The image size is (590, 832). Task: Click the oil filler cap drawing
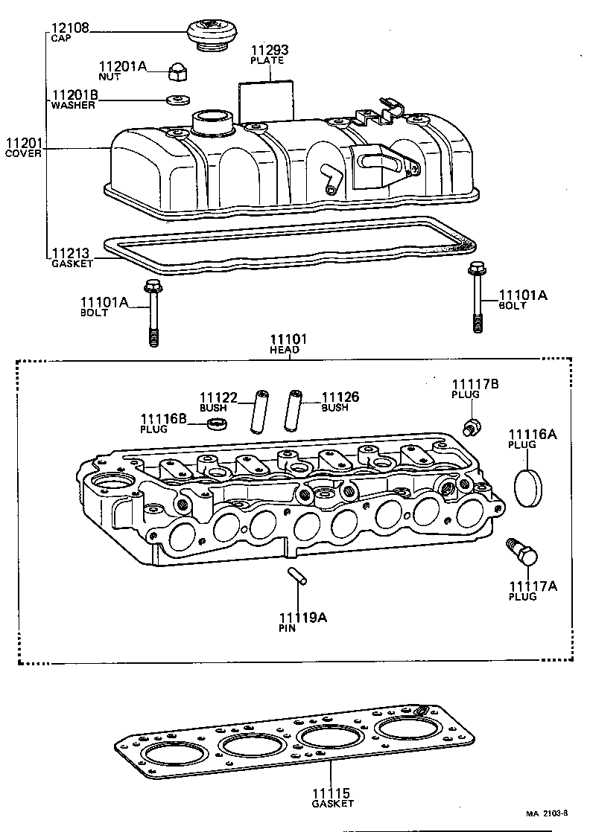pyautogui.click(x=210, y=35)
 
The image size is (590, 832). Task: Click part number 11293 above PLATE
pyautogui.click(x=268, y=51)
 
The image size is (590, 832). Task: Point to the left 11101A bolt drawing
pyautogui.click(x=153, y=312)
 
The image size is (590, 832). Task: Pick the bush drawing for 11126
pyautogui.click(x=294, y=409)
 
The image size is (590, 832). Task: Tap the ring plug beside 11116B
pyautogui.click(x=217, y=424)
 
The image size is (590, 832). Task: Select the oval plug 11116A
pyautogui.click(x=530, y=486)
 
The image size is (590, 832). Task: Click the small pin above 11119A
pyautogui.click(x=296, y=578)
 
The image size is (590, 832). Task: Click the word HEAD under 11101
pyautogui.click(x=285, y=350)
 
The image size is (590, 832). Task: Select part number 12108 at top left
pyautogui.click(x=70, y=29)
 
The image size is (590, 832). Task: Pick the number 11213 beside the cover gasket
pyautogui.click(x=70, y=254)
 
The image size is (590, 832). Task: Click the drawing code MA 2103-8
pyautogui.click(x=549, y=813)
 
